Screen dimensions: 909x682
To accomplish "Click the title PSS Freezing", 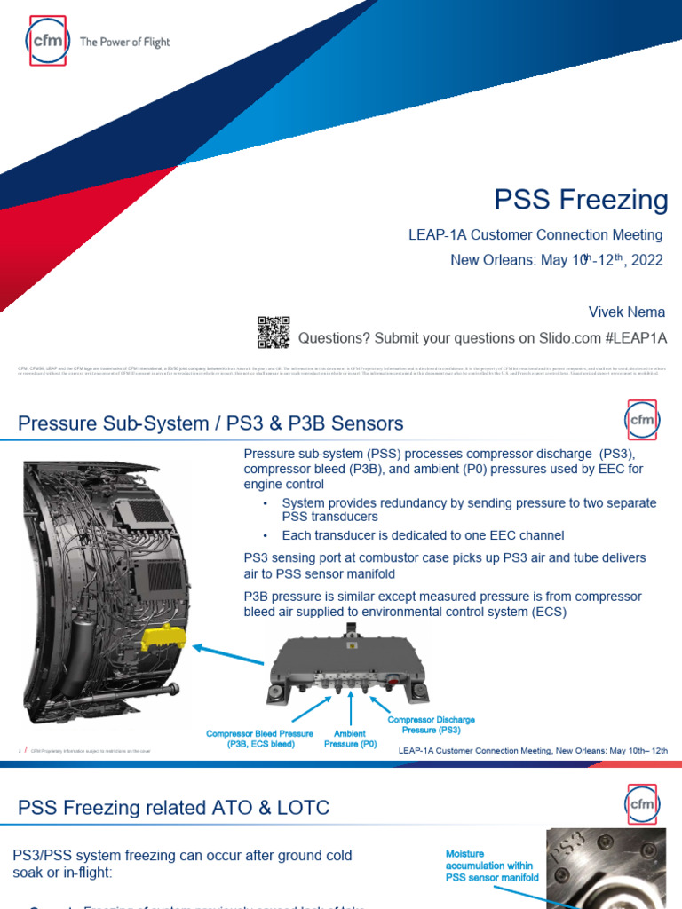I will [x=582, y=200].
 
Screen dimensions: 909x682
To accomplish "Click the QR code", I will [x=274, y=331].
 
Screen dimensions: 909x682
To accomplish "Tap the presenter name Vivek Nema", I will [x=627, y=312].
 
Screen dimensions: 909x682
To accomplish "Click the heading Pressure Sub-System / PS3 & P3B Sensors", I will [x=210, y=423].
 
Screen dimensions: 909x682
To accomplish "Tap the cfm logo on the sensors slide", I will [x=641, y=420].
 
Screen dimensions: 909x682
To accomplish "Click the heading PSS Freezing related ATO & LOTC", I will [x=174, y=807].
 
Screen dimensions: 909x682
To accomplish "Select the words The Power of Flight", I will [x=124, y=42].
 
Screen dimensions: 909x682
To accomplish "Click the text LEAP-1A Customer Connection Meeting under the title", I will [x=535, y=235].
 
